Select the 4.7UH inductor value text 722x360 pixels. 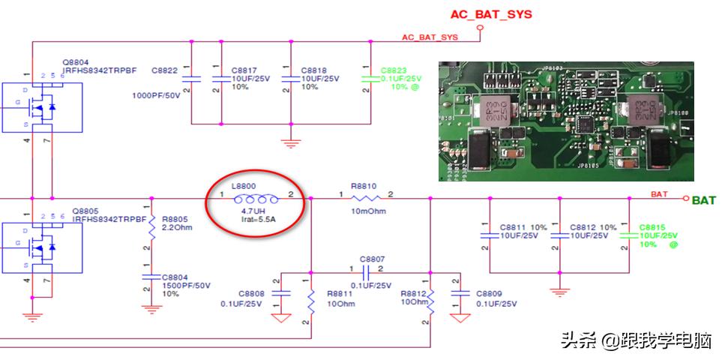tap(255, 212)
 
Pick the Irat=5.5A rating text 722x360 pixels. tap(259, 221)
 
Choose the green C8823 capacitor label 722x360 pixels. tap(395, 69)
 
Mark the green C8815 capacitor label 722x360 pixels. tap(652, 226)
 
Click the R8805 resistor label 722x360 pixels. tap(174, 218)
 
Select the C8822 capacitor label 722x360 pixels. tap(164, 70)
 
